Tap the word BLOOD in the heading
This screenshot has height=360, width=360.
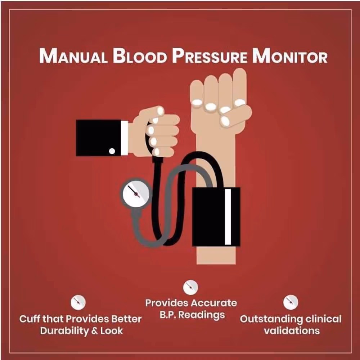click(140, 57)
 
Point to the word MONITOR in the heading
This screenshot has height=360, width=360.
click(290, 57)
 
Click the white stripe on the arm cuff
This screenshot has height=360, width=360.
click(228, 216)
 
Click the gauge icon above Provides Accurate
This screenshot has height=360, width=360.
click(190, 287)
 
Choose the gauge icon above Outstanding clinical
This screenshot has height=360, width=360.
click(291, 302)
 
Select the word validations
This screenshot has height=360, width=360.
click(291, 331)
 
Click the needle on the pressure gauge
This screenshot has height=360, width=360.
click(133, 190)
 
